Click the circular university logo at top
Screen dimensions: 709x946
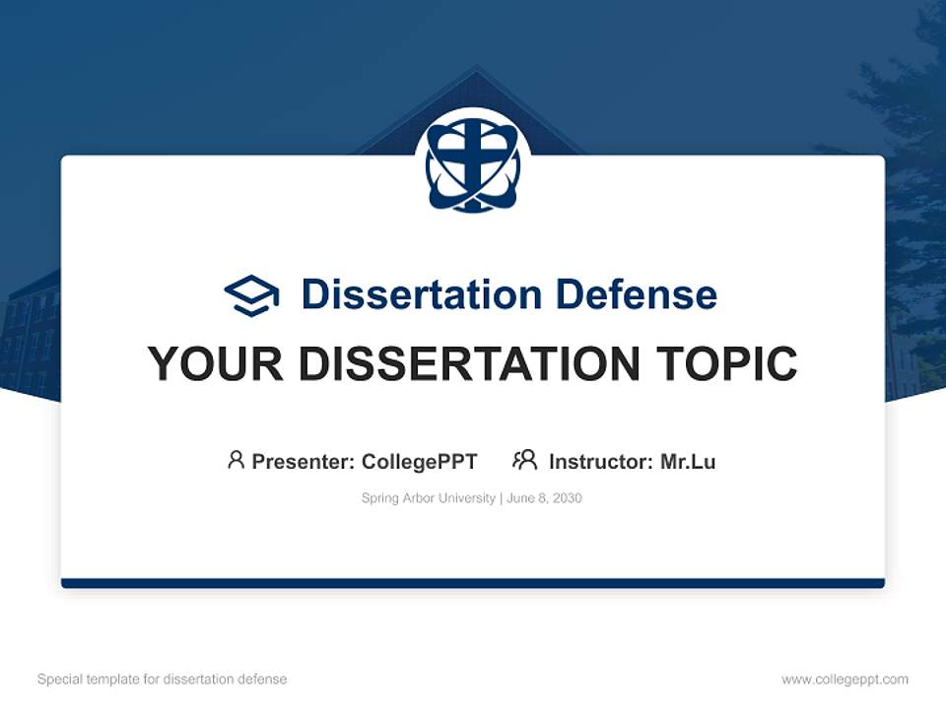pyautogui.click(x=473, y=163)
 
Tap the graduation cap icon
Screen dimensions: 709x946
pyautogui.click(x=251, y=295)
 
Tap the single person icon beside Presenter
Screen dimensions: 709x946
pyautogui.click(x=236, y=460)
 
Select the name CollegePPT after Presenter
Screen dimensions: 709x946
pyautogui.click(x=419, y=462)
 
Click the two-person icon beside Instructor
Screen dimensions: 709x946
pyautogui.click(x=525, y=460)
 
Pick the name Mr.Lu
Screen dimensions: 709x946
pyautogui.click(x=688, y=462)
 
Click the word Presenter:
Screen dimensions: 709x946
pyautogui.click(x=304, y=462)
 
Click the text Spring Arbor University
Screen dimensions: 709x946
pyautogui.click(x=428, y=498)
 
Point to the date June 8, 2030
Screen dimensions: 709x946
pyautogui.click(x=544, y=498)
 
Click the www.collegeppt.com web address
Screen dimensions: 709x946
pyautogui.click(x=845, y=679)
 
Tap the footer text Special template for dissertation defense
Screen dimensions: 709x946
pyautogui.click(x=162, y=679)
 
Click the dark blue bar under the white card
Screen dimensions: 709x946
pyautogui.click(x=473, y=583)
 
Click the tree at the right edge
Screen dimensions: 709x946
pyautogui.click(x=907, y=148)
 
